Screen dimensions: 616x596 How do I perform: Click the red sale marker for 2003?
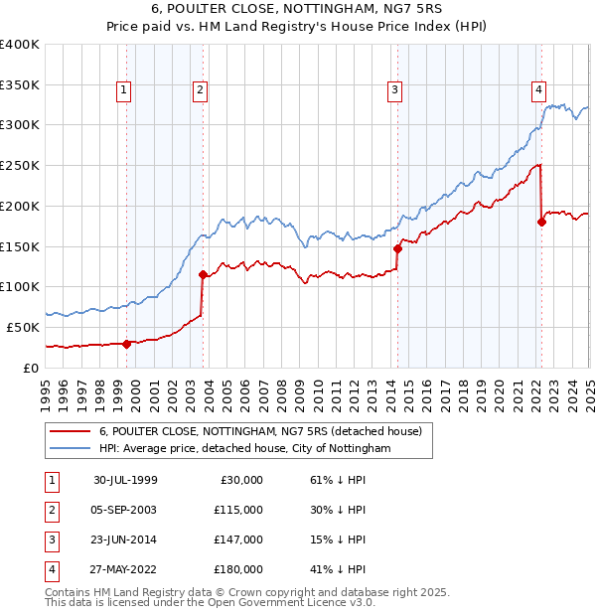tap(203, 274)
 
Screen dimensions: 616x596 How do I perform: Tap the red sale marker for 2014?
tap(397, 248)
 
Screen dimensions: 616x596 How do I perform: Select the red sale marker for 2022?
tap(541, 222)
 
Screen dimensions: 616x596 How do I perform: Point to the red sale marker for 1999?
tap(127, 344)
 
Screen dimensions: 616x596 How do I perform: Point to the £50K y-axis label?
tap(23, 327)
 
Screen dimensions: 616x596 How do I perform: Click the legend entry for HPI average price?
tap(245, 449)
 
